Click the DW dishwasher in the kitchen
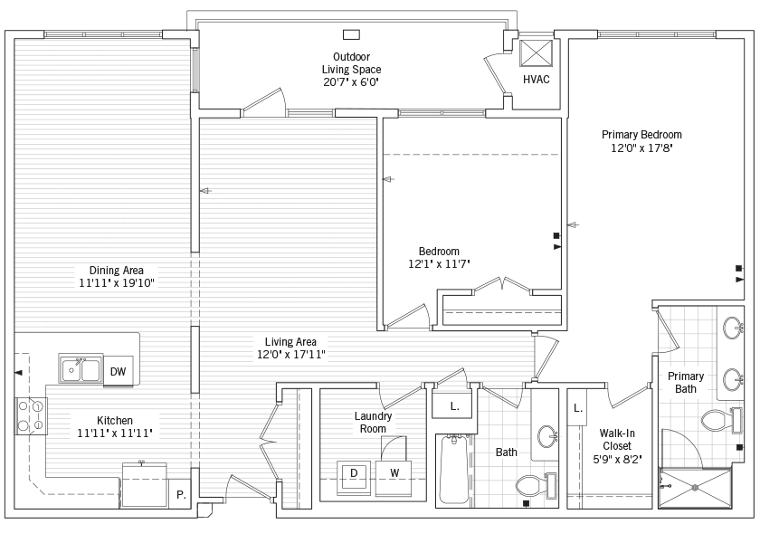click(118, 371)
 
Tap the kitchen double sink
click(81, 369)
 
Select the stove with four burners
click(31, 415)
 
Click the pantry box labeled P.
click(180, 494)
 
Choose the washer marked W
click(394, 477)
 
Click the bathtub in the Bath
click(454, 470)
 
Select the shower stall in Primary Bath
click(695, 488)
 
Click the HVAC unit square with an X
click(536, 52)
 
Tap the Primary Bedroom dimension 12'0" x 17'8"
click(641, 148)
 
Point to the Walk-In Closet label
click(617, 439)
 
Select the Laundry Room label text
click(373, 423)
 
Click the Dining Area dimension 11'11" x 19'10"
click(117, 282)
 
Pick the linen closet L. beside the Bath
click(454, 405)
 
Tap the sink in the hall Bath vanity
click(547, 436)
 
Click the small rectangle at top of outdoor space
click(351, 34)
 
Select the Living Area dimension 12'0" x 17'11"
click(290, 355)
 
